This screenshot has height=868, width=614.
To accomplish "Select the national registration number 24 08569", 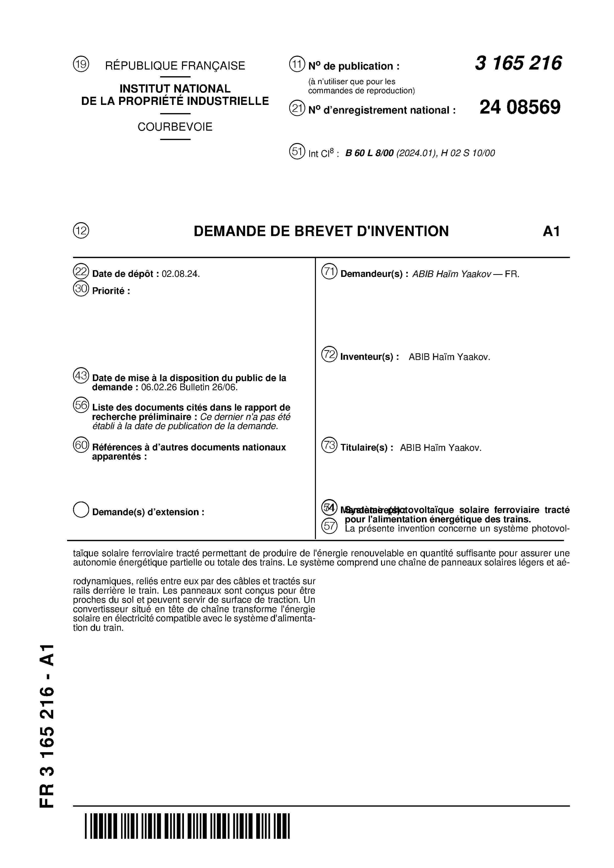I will [x=520, y=107].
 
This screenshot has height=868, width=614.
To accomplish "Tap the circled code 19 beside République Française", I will [x=81, y=64].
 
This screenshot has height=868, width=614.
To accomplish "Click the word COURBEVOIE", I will [x=175, y=127].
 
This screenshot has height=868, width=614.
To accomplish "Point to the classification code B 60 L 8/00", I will [x=369, y=153].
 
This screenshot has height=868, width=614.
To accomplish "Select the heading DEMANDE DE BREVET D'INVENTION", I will [x=321, y=231].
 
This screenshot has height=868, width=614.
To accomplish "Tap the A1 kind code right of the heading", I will [x=551, y=231].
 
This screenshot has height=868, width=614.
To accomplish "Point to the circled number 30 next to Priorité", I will [x=81, y=289].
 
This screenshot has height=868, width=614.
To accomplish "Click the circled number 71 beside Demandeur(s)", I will [x=329, y=272].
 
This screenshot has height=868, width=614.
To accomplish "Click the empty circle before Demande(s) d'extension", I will [x=81, y=510].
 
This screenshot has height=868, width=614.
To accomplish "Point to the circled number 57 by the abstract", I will [x=329, y=526].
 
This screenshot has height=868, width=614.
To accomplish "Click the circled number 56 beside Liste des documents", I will [x=81, y=405].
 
